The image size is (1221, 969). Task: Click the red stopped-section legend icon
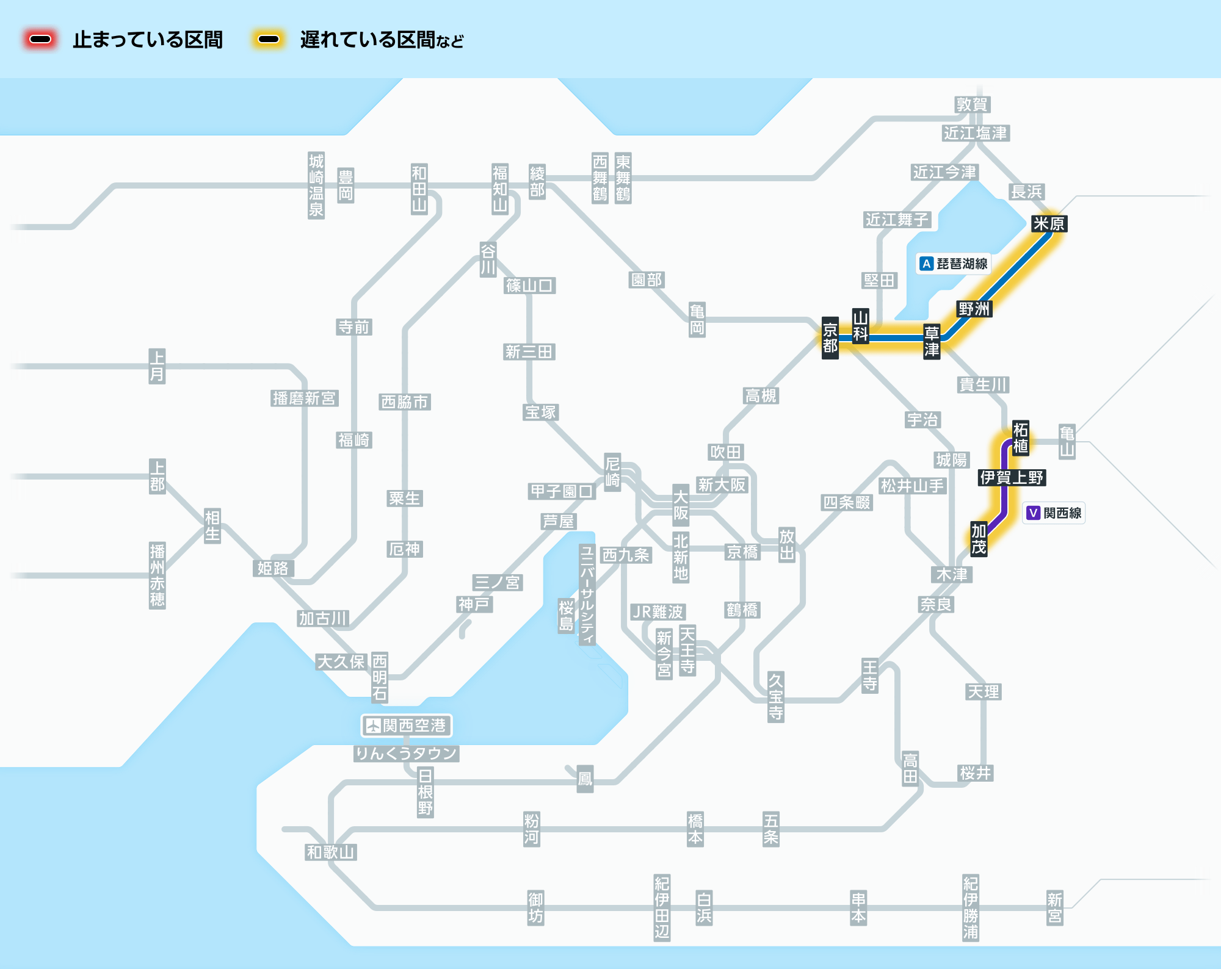tap(40, 40)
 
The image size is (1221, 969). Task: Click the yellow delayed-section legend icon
tap(269, 40)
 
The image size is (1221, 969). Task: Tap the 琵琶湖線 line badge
tap(954, 264)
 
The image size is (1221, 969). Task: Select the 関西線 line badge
tap(1054, 513)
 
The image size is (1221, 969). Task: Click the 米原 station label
tap(1049, 224)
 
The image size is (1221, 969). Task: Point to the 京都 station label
tap(830, 338)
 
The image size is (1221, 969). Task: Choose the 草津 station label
tap(932, 341)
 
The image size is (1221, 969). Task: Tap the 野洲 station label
tap(974, 309)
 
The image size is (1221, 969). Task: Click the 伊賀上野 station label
tap(1012, 477)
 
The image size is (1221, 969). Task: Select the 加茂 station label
tap(979, 539)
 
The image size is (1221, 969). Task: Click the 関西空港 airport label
tap(407, 726)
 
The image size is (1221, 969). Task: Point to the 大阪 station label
tap(681, 505)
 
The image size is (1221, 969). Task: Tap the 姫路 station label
tap(273, 568)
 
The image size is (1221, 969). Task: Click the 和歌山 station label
tap(331, 852)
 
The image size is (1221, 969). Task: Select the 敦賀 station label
tap(972, 104)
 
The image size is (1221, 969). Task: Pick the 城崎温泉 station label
tap(316, 186)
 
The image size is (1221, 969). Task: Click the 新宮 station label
tap(1055, 908)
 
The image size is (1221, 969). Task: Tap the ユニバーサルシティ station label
tap(587, 594)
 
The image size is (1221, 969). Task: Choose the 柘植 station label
tap(1021, 438)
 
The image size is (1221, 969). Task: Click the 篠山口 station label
tap(530, 285)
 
